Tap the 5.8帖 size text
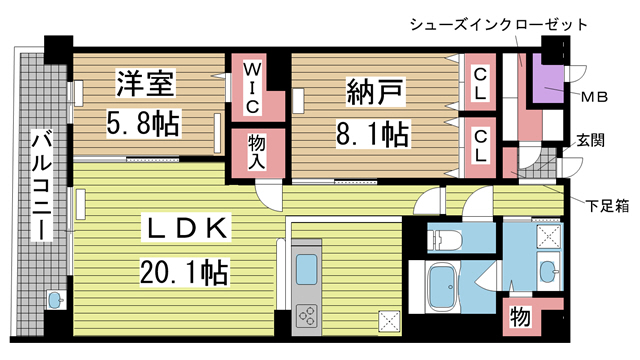[x=144, y=124]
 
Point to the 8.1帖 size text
[x=375, y=132]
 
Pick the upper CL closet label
[x=481, y=85]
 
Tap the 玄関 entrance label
[x=589, y=141]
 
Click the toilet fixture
[x=444, y=240]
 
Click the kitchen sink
[x=306, y=269]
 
